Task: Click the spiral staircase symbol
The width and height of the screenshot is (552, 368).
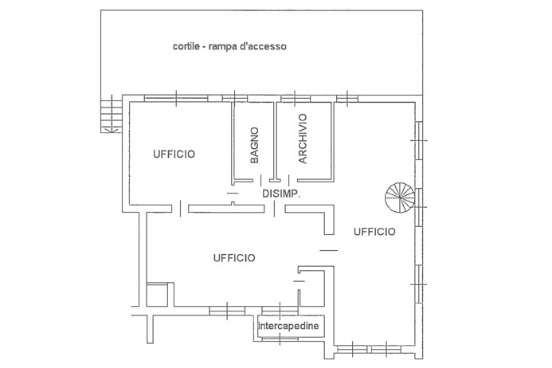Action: pos(400,196)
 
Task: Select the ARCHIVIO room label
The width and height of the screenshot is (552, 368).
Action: pos(303,139)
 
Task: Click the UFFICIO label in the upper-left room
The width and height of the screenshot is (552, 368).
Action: pos(174,154)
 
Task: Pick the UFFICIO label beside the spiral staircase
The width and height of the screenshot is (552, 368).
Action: pos(374,231)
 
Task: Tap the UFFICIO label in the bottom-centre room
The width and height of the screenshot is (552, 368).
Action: pos(233,257)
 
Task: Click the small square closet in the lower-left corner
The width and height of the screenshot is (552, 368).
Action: pos(159,294)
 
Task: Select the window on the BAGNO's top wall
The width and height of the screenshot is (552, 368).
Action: pos(237,98)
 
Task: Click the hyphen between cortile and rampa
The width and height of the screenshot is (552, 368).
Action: pos(206,47)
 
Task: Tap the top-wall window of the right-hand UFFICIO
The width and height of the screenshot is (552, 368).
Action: pos(347,98)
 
